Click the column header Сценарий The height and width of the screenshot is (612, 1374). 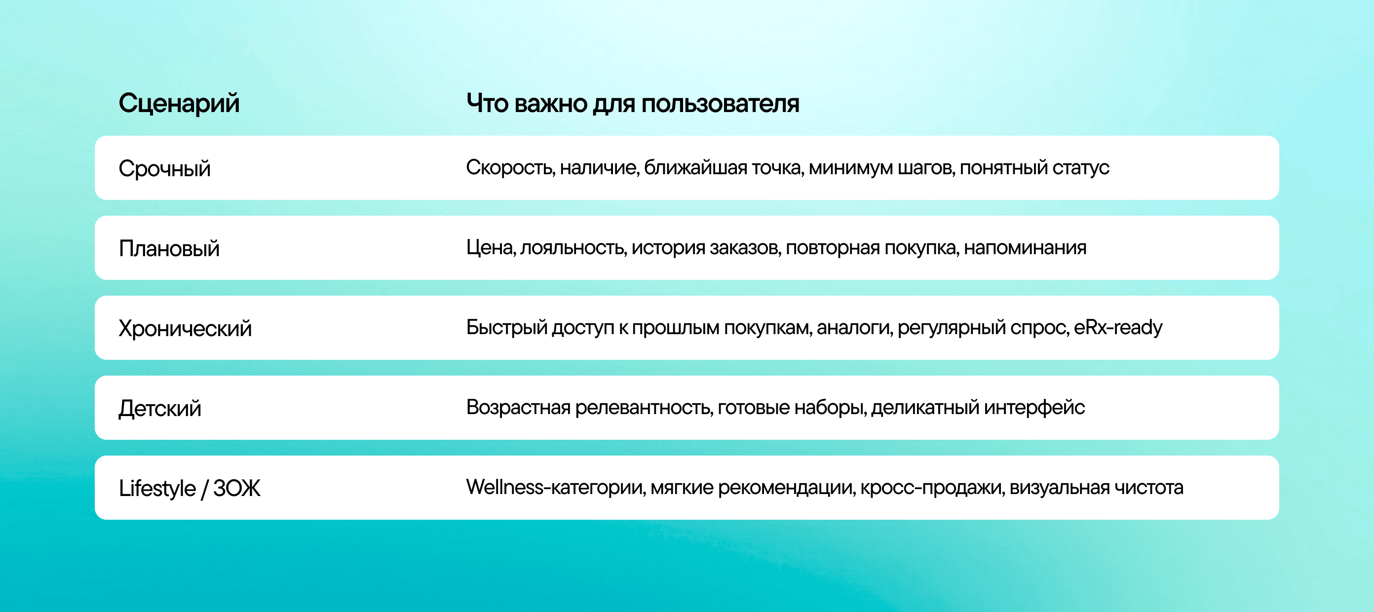pos(179,103)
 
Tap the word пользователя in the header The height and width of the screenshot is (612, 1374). pos(720,104)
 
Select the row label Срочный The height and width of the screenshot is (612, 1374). pos(164,169)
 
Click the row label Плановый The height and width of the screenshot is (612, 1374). pos(169,249)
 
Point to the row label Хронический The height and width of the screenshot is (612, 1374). pos(185,329)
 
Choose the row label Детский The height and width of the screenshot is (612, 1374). pos(160,409)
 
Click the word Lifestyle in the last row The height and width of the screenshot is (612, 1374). pos(157,488)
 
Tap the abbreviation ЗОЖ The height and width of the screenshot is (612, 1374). pos(237,488)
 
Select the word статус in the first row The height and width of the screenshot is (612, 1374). pos(1081,168)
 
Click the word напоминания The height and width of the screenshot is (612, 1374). pos(1025,248)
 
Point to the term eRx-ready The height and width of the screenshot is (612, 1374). pos(1118,328)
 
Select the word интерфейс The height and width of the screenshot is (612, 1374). pos(1035,408)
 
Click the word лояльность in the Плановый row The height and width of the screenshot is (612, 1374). pos(573,248)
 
